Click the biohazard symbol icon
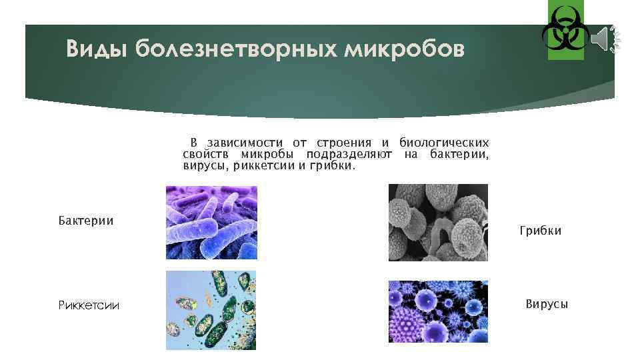[x=565, y=31]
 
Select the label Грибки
[x=540, y=231]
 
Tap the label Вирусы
[x=547, y=304]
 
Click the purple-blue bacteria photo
[x=211, y=222]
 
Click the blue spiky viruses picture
[x=438, y=311]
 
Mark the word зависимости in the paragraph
[x=245, y=143]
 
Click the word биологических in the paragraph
[x=443, y=143]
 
